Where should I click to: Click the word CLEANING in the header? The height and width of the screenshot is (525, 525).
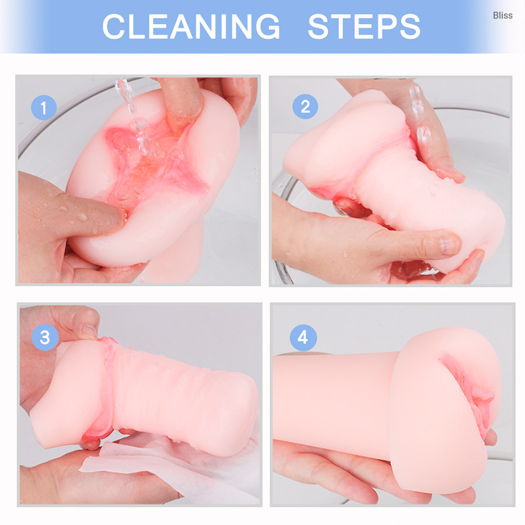pyautogui.click(x=191, y=26)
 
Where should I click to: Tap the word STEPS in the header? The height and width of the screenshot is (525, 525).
pyautogui.click(x=364, y=26)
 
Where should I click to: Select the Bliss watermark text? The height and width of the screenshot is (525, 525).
pyautogui.click(x=503, y=15)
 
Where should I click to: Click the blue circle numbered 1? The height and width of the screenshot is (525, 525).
pyautogui.click(x=44, y=107)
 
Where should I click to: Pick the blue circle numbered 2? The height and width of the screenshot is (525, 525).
pyautogui.click(x=305, y=107)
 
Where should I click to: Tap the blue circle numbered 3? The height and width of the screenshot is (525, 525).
pyautogui.click(x=45, y=338)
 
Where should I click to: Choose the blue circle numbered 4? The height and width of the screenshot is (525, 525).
pyautogui.click(x=303, y=338)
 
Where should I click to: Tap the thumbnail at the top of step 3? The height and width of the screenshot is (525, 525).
pyautogui.click(x=89, y=331)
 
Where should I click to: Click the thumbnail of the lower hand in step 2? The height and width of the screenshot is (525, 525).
pyautogui.click(x=449, y=244)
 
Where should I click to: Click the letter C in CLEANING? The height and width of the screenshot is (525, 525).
pyautogui.click(x=113, y=26)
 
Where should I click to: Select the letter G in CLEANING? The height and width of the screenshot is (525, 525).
pyautogui.click(x=268, y=26)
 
